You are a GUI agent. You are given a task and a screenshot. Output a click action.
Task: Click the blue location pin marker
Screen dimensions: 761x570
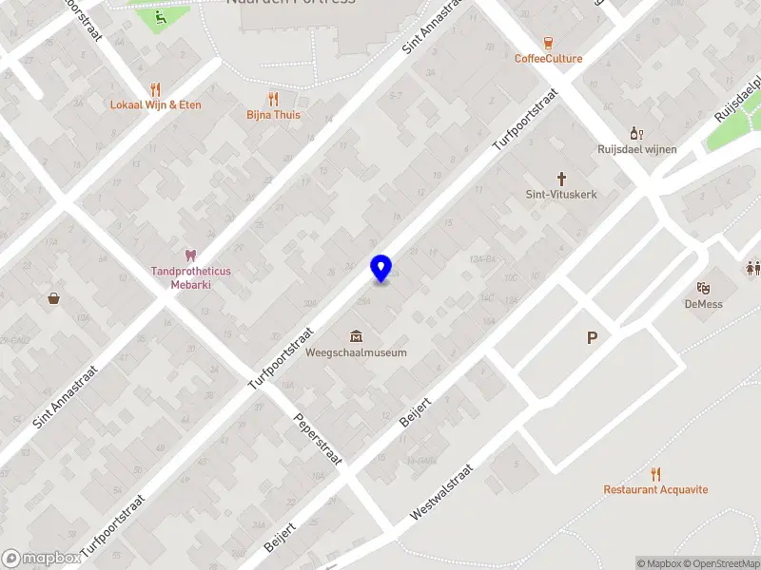380,268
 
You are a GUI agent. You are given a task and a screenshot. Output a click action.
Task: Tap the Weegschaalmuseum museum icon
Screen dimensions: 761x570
356,335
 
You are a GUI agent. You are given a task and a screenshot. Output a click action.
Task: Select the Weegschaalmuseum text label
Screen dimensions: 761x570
357,352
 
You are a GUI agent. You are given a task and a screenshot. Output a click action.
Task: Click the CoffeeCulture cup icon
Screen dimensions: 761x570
549,43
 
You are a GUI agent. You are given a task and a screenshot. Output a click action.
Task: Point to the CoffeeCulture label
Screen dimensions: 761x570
549,59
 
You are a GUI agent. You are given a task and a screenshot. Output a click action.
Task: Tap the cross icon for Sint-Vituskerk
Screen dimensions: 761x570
561,178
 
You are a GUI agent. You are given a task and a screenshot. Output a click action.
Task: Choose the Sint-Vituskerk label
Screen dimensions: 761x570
561,194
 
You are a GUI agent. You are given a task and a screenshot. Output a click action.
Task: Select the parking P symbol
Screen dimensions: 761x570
593,337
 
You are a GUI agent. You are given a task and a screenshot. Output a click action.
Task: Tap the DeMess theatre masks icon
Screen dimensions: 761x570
704,288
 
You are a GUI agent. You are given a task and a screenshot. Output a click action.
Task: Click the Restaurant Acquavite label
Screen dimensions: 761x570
655,490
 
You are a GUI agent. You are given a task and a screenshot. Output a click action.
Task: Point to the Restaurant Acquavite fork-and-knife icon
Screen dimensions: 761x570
655,474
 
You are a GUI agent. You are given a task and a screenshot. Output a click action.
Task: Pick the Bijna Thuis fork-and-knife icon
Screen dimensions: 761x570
274,99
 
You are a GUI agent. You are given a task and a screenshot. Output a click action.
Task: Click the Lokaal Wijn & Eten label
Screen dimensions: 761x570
156,104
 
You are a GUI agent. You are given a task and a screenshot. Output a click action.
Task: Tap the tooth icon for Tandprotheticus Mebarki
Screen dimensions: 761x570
190,255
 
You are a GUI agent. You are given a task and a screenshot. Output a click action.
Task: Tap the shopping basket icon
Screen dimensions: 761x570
55,298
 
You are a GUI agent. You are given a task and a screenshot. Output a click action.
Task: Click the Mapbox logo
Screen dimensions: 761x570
40,559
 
